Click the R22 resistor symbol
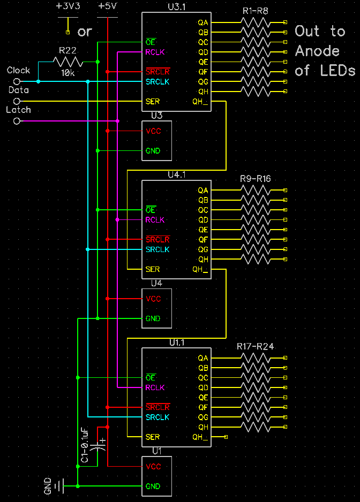[67, 62]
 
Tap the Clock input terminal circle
[17, 81]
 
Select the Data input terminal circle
[17, 101]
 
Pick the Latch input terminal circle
[17, 121]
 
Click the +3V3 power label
[68, 6]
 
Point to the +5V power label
[107, 6]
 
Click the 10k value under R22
[67, 73]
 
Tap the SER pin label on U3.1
[153, 102]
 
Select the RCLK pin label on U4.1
[155, 220]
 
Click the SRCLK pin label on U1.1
[157, 417]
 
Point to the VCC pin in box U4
[153, 299]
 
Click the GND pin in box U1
[153, 486]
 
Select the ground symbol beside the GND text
[59, 486]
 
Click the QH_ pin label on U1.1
[200, 437]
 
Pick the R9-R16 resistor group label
[256, 179]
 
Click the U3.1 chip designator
[177, 7]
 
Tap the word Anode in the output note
[317, 51]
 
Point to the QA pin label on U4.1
[203, 191]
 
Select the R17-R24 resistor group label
[255, 346]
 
